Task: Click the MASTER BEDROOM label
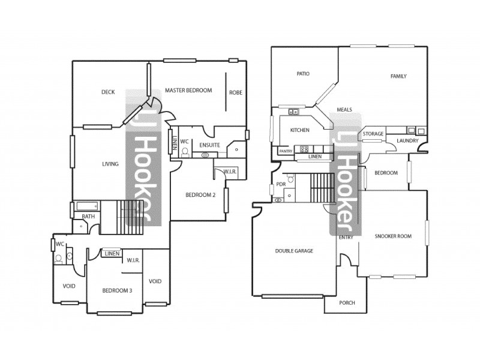188,91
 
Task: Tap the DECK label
108,92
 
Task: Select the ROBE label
235,92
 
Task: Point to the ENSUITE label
209,145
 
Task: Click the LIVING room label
110,164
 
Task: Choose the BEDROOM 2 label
200,194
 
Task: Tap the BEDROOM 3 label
117,290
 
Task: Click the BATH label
89,216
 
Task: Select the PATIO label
303,74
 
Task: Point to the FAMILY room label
398,76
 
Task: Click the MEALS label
344,110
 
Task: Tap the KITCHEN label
299,130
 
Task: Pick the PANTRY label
286,151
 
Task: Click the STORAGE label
373,134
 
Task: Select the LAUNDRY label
407,142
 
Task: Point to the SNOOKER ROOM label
393,236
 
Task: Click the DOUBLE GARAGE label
295,251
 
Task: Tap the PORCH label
347,303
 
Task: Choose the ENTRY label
346,237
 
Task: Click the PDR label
280,184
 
